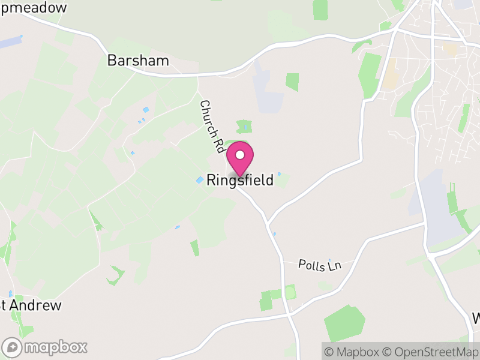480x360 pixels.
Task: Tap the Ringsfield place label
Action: tap(240, 180)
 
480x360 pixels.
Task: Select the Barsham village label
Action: tap(138, 61)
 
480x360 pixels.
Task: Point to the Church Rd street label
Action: tap(211, 125)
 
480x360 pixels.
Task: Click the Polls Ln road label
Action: tap(320, 265)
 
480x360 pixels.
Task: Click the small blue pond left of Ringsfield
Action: tap(200, 179)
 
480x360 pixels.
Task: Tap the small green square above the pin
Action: tap(244, 126)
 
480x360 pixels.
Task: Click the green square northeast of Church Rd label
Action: tap(292, 82)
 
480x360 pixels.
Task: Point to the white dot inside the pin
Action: tap(240, 155)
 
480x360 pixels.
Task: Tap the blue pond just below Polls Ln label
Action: tap(329, 260)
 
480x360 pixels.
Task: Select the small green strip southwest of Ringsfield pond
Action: tap(194, 248)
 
